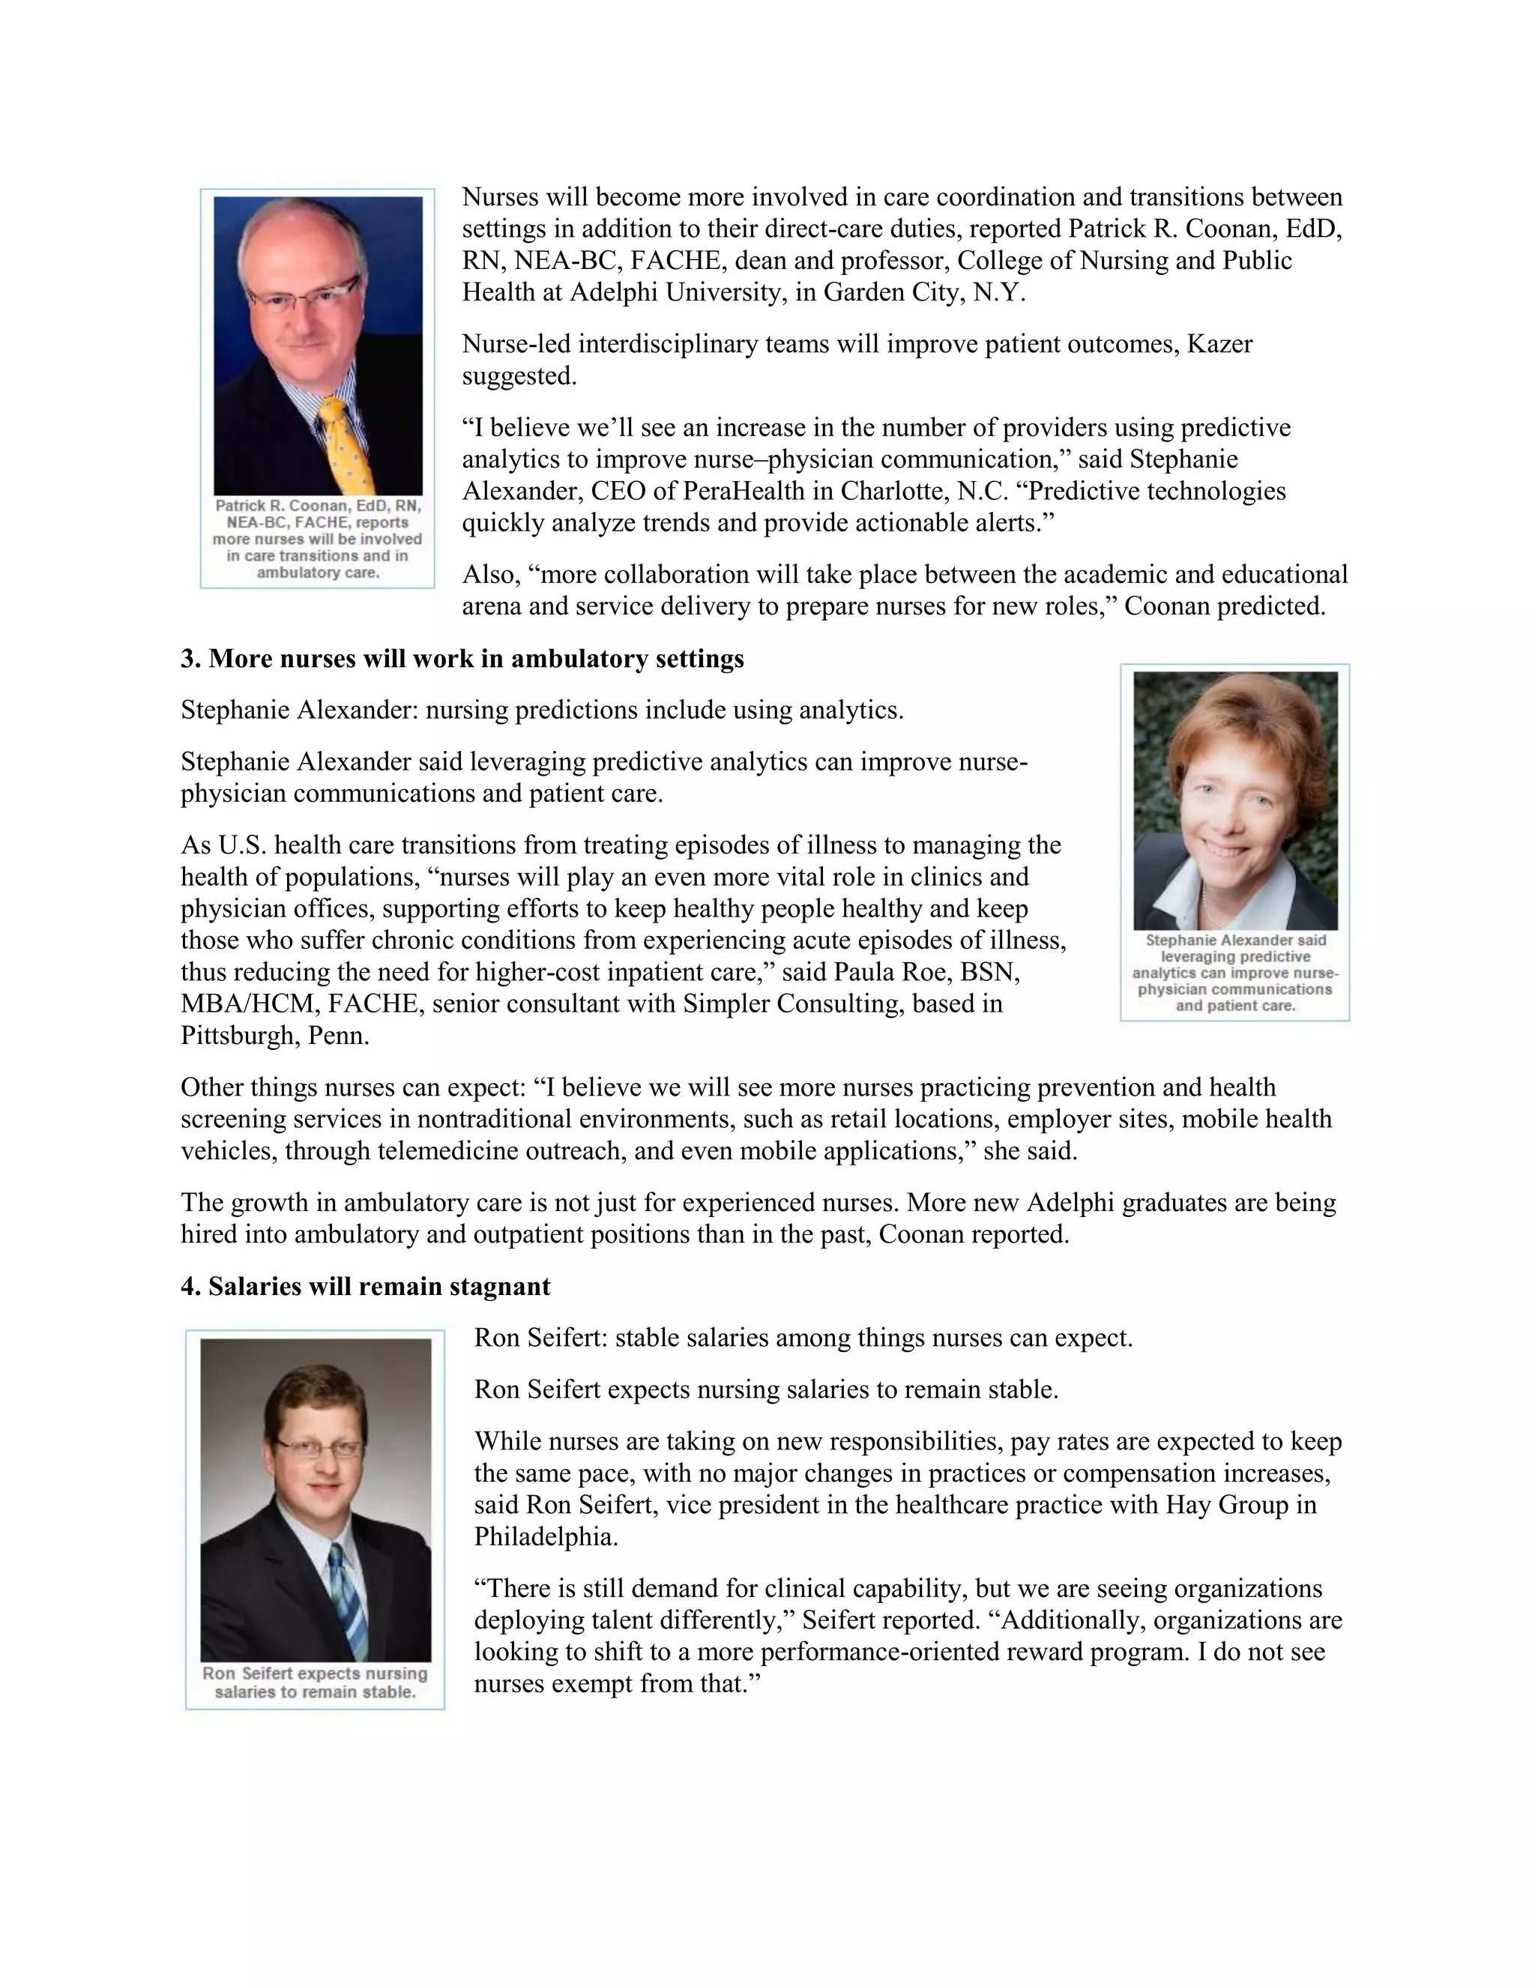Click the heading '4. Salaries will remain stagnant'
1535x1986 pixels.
(366, 1287)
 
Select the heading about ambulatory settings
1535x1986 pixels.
(462, 658)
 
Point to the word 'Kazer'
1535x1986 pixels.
(1219, 344)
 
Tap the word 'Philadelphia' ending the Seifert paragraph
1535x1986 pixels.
(544, 1537)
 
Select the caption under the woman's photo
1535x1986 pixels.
(1235, 972)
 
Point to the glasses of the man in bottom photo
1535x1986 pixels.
(320, 1448)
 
